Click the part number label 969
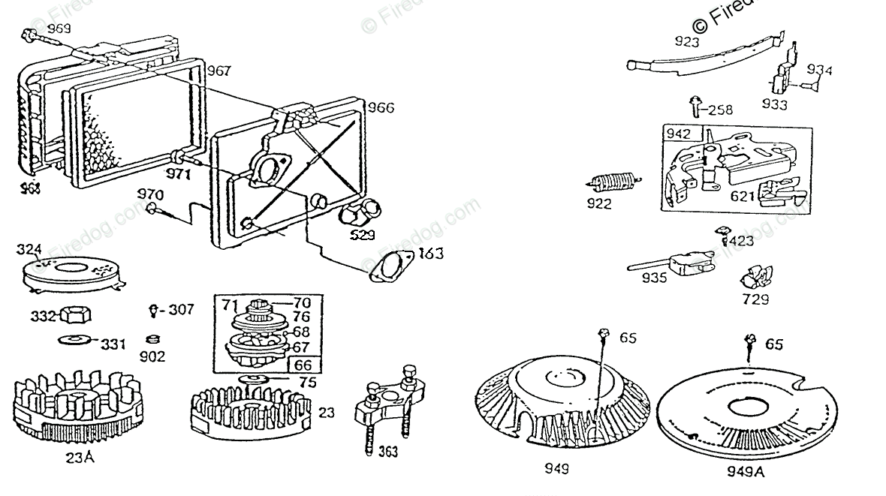click(x=59, y=29)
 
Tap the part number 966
click(x=380, y=110)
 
